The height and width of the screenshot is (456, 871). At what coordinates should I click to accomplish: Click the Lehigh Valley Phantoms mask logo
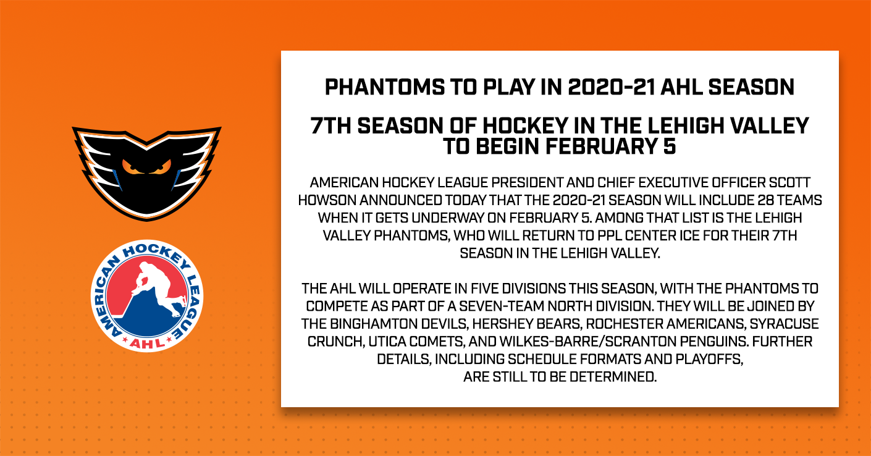click(x=146, y=173)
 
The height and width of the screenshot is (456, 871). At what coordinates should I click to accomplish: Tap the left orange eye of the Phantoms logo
click(x=130, y=167)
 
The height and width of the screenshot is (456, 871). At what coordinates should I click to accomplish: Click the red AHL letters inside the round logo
click(x=147, y=343)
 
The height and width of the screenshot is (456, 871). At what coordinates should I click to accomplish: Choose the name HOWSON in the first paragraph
click(x=327, y=200)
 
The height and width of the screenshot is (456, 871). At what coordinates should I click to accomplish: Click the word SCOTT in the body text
click(x=792, y=182)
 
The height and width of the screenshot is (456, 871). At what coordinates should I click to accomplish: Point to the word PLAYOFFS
click(x=709, y=359)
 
